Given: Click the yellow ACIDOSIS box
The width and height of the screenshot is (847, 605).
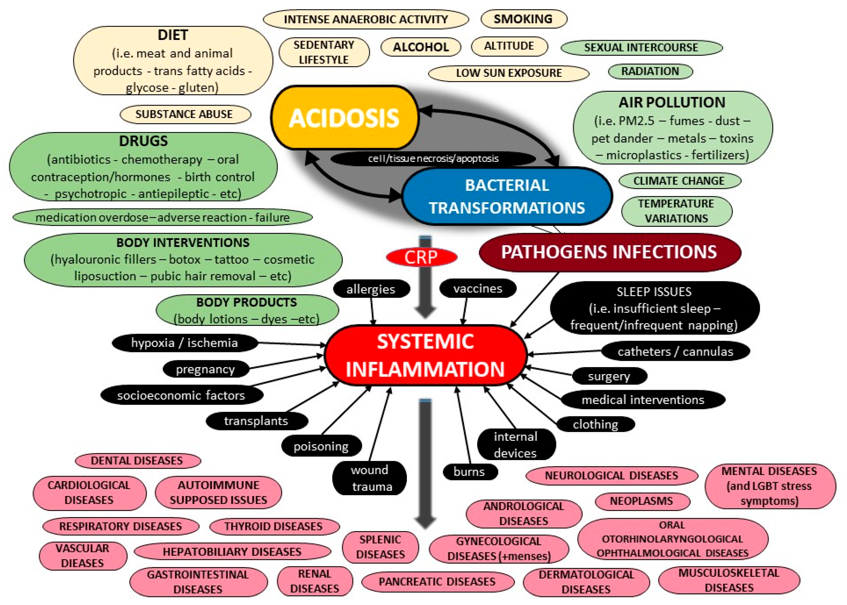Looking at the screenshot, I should [344, 118].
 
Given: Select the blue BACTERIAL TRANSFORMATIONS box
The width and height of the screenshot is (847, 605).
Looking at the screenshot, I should [507, 196].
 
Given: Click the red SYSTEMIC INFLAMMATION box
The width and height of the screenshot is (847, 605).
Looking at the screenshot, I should [425, 356].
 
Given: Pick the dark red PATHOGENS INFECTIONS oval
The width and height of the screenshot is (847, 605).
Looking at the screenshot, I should [609, 252].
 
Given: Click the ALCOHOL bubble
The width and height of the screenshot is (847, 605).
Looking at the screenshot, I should [421, 47].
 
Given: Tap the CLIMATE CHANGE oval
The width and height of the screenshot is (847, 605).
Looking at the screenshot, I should [679, 181].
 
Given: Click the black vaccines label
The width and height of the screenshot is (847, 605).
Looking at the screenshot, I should [478, 288].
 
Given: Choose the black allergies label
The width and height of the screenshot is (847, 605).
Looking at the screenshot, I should [371, 289].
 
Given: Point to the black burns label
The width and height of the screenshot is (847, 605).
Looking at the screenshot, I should [469, 472].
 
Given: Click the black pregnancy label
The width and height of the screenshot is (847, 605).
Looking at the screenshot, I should [205, 369].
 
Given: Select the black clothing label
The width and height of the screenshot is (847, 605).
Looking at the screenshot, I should [595, 424].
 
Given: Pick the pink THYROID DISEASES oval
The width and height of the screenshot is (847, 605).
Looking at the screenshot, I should [273, 526].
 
